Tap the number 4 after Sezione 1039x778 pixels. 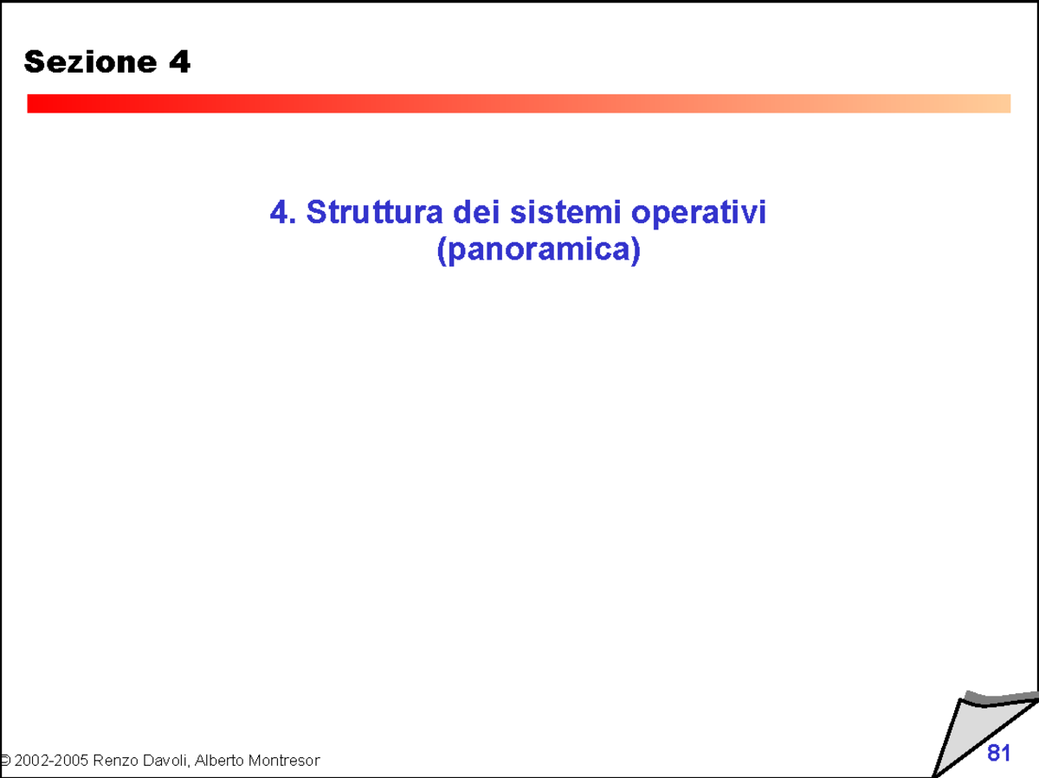[179, 62]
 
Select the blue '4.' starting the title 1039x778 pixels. [283, 212]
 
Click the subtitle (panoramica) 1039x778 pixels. [538, 250]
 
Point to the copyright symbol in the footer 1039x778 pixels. [4, 761]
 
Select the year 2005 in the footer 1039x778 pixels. [70, 761]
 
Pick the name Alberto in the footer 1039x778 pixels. [221, 761]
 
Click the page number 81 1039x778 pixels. [998, 754]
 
